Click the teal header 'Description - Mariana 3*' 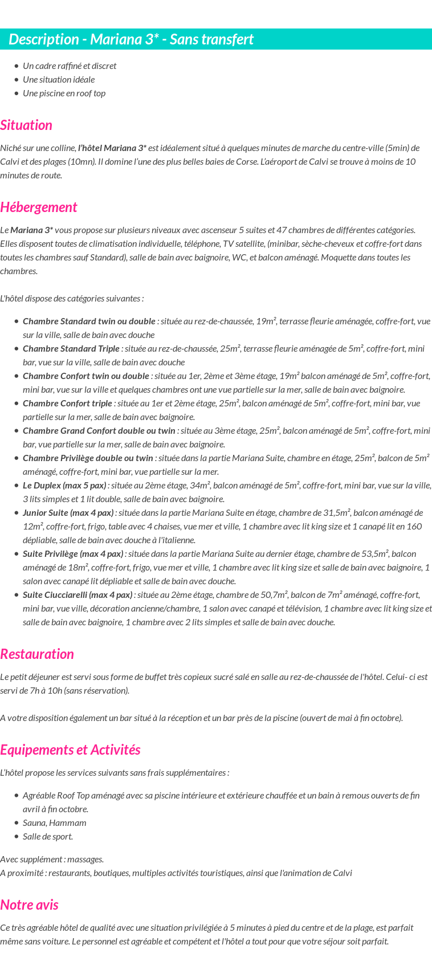[131, 39]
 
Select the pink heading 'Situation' [26, 125]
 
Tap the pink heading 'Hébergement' [38, 207]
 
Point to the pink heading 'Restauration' [37, 654]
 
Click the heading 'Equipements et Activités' [70, 750]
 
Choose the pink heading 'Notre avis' [29, 905]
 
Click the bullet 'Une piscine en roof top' [64, 93]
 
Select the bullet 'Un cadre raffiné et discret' [70, 66]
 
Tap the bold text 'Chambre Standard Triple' [71, 349]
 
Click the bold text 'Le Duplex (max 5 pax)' [64, 486]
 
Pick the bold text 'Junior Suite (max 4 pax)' [68, 513]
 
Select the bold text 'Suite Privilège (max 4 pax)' [73, 554]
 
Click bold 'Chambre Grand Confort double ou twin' [99, 431]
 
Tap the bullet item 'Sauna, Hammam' [55, 823]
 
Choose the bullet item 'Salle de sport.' [48, 837]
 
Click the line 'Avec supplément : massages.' [52, 860]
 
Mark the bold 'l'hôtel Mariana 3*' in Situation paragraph [112, 148]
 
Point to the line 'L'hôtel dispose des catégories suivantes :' [72, 299]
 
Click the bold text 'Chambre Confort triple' [67, 404]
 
